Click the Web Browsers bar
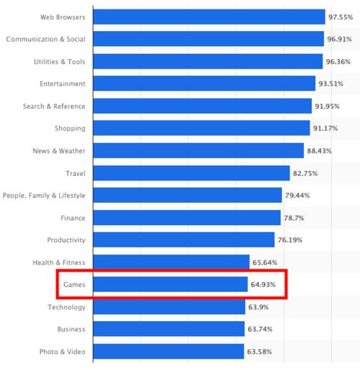tap(209, 17)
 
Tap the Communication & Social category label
tap(45, 39)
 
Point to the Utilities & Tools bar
tap(208, 61)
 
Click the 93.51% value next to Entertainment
tap(334, 84)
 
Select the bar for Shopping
tap(201, 128)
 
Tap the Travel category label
tap(75, 173)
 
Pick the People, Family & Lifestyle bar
tap(188, 195)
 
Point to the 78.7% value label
tap(295, 218)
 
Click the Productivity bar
tap(184, 240)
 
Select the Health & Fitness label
tap(58, 263)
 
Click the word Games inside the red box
tap(74, 285)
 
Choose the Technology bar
tap(169, 307)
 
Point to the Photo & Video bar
tap(168, 352)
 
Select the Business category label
tap(71, 330)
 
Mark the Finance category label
tap(73, 218)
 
